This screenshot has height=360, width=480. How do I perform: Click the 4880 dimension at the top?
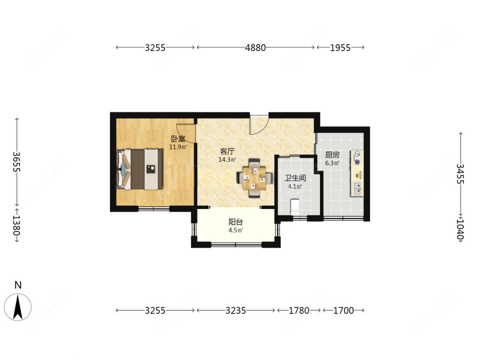click(x=255, y=47)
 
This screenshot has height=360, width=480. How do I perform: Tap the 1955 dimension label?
click(x=340, y=47)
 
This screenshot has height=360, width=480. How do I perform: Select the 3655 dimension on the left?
click(x=17, y=162)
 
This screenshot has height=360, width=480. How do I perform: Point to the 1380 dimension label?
click(x=17, y=225)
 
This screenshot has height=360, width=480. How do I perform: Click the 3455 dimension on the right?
click(x=460, y=174)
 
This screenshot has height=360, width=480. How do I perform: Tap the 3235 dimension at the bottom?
click(x=236, y=311)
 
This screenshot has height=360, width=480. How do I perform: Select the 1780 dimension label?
click(x=299, y=311)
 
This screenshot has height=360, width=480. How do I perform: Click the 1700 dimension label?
click(x=343, y=311)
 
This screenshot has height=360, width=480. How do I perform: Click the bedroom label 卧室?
click(x=178, y=139)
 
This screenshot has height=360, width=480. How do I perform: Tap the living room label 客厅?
click(x=227, y=151)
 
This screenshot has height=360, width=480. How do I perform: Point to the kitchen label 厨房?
click(x=332, y=155)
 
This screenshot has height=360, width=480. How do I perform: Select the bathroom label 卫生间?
click(x=295, y=178)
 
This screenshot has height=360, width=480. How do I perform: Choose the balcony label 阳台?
click(x=236, y=222)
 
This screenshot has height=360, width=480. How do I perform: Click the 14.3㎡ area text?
click(x=227, y=160)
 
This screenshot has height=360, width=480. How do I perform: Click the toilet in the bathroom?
click(x=295, y=206)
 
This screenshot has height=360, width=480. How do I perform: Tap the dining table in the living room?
click(x=255, y=178)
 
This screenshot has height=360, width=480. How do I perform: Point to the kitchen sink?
click(x=357, y=189)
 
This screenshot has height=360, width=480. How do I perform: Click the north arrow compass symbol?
click(x=18, y=307)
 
